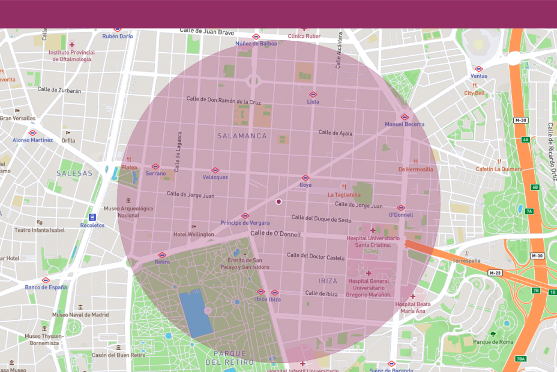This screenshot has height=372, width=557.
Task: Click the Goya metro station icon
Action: coord(305,178)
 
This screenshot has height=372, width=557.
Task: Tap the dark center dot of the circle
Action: coord(278,202)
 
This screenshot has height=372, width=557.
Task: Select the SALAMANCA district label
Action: coord(242,136)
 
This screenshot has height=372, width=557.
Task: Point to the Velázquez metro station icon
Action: coord(215,170)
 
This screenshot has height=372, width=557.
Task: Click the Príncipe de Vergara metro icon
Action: coord(245,216)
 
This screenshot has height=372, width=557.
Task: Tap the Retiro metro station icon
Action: coord(162,255)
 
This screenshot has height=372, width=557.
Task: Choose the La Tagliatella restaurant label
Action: coord(344,195)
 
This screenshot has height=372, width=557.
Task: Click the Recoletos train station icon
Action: coord(92,217)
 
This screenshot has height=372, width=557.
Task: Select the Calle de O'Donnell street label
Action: coord(275,233)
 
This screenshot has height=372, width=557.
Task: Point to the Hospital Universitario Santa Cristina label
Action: coord(373,241)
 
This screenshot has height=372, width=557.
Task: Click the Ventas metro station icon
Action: coord(479,69)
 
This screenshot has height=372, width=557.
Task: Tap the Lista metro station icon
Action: coord(313,95)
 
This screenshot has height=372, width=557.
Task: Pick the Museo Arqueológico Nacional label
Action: coord(128,211)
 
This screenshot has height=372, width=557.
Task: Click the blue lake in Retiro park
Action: coord(195,313)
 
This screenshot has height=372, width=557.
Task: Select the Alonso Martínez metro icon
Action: coord(32,133)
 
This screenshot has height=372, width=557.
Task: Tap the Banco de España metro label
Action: coord(46,287)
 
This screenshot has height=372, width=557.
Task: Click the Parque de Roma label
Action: coord(493,342)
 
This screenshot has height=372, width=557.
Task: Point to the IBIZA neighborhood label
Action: coord(328,280)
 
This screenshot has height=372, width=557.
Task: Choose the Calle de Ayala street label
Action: coord(336,133)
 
